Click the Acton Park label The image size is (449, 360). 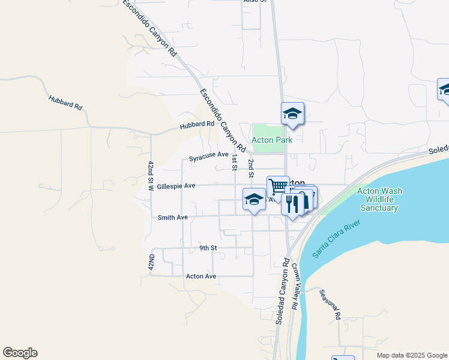pos(272,140)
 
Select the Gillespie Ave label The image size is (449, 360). pos(176,186)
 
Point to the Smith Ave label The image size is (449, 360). pos(173,217)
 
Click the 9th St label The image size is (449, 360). pos(208,247)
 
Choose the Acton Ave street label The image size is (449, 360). pos(201,276)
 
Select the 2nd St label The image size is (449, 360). pos(251,168)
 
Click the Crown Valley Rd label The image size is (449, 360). pos(295,289)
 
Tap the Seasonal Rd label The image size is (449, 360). pos(330,304)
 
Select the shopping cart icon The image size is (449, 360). pos(278,187)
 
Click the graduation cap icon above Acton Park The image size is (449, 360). pos(292,113)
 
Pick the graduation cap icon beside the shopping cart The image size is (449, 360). pos(254,199)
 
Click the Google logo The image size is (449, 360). pos(20,353)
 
